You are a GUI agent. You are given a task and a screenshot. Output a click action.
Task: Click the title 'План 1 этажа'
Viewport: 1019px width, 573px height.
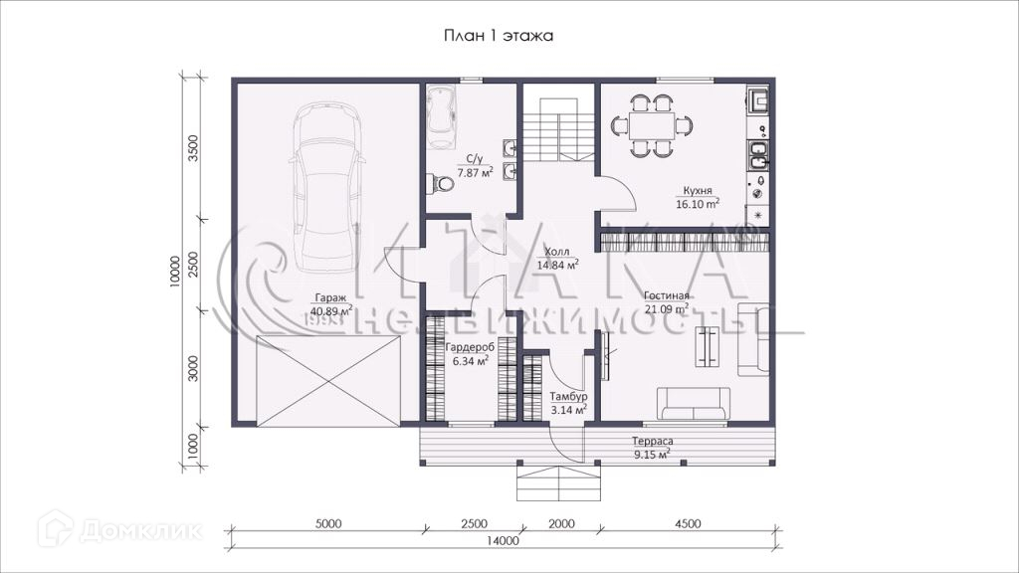(x=499, y=36)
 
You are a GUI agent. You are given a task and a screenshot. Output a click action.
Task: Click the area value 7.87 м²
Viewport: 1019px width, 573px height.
(x=475, y=172)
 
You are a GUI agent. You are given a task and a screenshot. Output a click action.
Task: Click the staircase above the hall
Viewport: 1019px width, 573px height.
(x=559, y=129)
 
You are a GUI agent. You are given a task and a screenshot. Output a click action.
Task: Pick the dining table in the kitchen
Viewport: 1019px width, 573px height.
(x=652, y=125)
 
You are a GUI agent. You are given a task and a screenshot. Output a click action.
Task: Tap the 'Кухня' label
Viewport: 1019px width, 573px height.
(x=698, y=191)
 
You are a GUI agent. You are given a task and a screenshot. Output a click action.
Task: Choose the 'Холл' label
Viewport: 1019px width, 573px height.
(x=557, y=252)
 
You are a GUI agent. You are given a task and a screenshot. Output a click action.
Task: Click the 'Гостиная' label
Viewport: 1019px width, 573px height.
(x=667, y=296)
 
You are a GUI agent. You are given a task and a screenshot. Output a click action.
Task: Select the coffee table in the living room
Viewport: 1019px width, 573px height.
(x=708, y=345)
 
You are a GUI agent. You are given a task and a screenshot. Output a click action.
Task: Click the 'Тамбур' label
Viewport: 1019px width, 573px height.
(x=568, y=396)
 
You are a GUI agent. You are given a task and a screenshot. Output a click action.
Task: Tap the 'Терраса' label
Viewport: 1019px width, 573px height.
(x=653, y=442)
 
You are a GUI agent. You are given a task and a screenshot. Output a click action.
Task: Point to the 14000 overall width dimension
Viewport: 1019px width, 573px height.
(x=503, y=540)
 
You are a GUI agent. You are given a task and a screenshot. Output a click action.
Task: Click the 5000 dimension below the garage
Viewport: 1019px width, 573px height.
(x=327, y=523)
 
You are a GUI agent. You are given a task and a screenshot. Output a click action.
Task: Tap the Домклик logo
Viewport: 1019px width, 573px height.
(x=120, y=529)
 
